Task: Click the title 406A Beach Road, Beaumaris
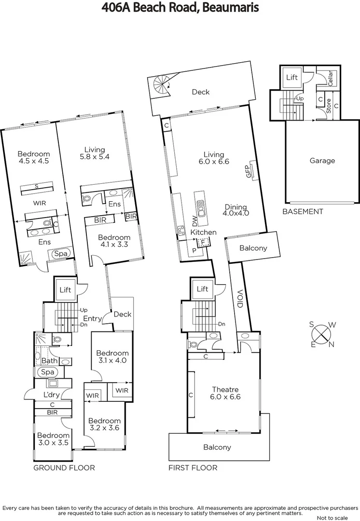(x=180, y=8)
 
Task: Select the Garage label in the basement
(x=322, y=161)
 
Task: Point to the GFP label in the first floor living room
(x=249, y=171)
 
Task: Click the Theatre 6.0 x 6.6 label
(x=225, y=393)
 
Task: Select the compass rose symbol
(x=321, y=334)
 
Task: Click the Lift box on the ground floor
(x=65, y=289)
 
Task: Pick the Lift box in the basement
(x=292, y=78)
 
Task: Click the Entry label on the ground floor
(x=92, y=318)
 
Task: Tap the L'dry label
(x=51, y=395)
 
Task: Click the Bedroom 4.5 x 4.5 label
(x=33, y=157)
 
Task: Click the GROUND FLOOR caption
(x=64, y=467)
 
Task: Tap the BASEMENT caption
(x=303, y=211)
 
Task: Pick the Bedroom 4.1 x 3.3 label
(x=114, y=241)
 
